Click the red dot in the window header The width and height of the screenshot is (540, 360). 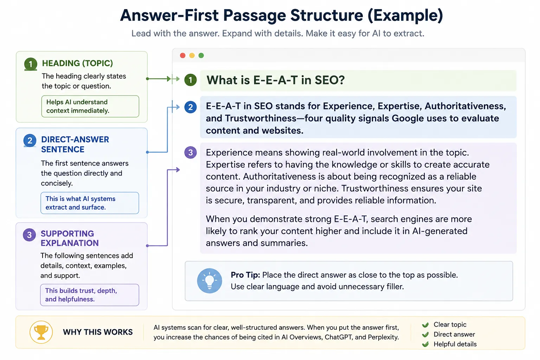(183, 56)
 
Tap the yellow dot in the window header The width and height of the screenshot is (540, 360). (192, 56)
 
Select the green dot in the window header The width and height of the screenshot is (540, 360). (201, 56)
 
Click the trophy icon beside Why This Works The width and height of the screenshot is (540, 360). (41, 332)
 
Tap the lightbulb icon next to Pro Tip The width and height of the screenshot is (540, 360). (210, 281)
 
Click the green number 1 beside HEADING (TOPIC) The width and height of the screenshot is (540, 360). (31, 64)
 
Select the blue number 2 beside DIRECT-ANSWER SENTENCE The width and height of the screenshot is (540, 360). (30, 141)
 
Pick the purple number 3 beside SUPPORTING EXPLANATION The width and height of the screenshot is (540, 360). (30, 235)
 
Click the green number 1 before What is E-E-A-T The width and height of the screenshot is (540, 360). (191, 80)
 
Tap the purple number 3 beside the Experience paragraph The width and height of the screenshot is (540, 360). (191, 152)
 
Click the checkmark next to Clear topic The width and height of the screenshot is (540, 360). (425, 325)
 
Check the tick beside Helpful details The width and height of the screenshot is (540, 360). (425, 344)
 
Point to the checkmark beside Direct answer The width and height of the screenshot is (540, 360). (425, 334)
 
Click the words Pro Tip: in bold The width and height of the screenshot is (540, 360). (245, 275)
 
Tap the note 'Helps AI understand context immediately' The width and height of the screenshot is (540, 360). (90, 106)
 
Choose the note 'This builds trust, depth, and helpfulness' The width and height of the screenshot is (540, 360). (90, 295)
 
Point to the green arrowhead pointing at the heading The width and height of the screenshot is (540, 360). (169, 79)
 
